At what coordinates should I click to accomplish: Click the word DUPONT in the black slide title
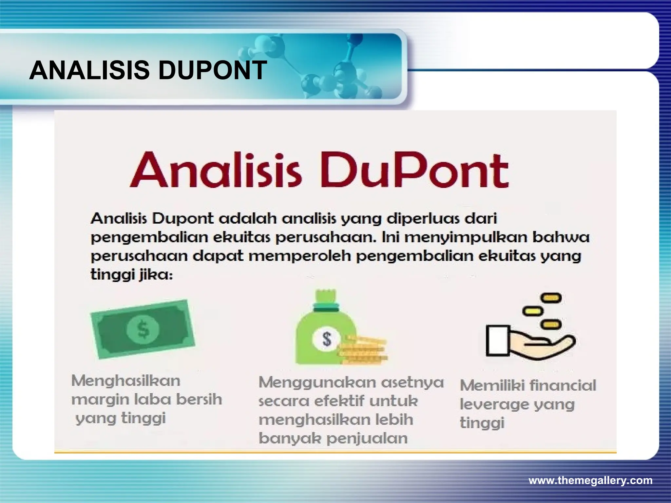[213, 70]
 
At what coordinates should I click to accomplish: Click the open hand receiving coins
[531, 341]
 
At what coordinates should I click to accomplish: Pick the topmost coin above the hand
[551, 298]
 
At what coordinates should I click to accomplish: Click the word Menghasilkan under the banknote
[126, 381]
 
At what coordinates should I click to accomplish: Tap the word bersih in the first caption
[199, 399]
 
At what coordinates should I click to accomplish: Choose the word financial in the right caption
[562, 385]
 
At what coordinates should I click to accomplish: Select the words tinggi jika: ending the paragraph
[131, 275]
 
